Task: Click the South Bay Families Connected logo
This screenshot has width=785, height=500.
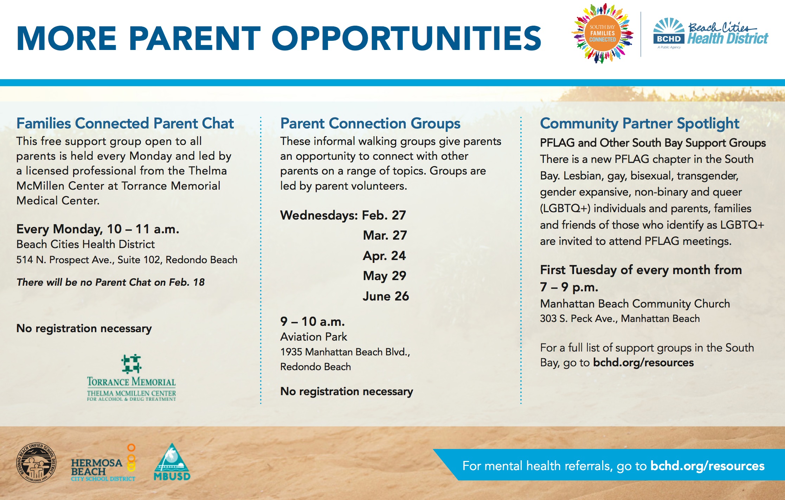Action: click(x=602, y=33)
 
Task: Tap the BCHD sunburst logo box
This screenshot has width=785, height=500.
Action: click(x=669, y=31)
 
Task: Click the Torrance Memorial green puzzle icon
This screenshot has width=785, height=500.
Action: click(x=131, y=363)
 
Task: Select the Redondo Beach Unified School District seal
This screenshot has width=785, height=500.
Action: click(x=36, y=462)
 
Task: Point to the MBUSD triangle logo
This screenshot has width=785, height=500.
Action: click(x=172, y=462)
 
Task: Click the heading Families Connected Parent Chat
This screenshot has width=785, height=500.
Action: click(x=125, y=124)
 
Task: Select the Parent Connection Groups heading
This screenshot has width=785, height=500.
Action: click(x=370, y=124)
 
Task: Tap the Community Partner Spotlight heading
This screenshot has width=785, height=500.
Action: click(x=639, y=124)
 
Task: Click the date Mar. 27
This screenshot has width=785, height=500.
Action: click(x=385, y=235)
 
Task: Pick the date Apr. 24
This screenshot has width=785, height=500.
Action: click(x=384, y=256)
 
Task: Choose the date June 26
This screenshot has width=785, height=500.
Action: click(x=386, y=296)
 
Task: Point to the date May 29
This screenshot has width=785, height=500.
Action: click(x=384, y=276)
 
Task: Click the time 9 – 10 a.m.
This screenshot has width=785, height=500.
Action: click(x=313, y=322)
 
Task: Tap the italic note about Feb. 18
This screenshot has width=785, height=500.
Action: click(x=110, y=282)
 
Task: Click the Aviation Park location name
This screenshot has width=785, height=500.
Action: click(x=314, y=337)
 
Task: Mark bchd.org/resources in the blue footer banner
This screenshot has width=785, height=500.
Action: click(x=707, y=466)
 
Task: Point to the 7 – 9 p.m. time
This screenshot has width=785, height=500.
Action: click(x=569, y=287)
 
